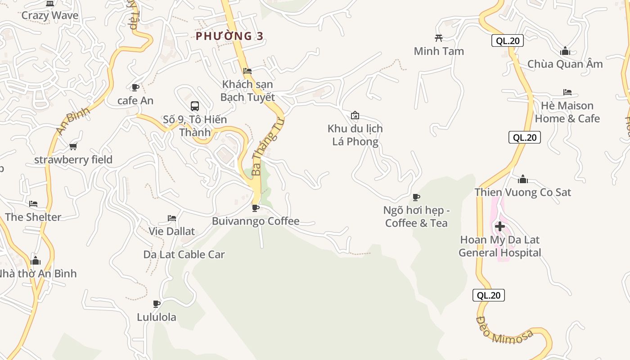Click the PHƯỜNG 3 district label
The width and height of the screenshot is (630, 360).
click(x=229, y=36)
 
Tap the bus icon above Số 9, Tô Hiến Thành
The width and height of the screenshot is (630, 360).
click(x=195, y=106)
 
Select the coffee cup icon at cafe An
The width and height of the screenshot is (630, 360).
click(x=135, y=87)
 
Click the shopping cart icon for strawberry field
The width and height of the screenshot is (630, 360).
click(x=73, y=146)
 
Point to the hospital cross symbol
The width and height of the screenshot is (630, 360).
click(x=499, y=226)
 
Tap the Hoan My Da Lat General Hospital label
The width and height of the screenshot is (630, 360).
click(x=499, y=246)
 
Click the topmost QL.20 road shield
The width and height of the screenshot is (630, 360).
click(x=508, y=40)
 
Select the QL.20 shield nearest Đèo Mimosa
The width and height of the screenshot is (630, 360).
click(x=488, y=295)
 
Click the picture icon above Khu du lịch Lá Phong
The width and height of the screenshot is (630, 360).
click(x=355, y=115)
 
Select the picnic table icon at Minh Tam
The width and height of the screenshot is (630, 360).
click(x=439, y=38)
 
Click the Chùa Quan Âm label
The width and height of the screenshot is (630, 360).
click(x=565, y=64)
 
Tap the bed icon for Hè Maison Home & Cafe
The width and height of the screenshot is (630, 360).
click(x=567, y=92)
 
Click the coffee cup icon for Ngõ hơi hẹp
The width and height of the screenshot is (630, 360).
click(x=416, y=197)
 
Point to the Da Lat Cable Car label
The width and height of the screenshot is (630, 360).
click(x=184, y=254)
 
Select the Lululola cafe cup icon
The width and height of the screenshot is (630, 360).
click(x=157, y=304)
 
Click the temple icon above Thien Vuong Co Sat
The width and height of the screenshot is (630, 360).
click(x=522, y=179)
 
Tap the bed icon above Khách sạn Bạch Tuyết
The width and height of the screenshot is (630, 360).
click(x=247, y=71)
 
